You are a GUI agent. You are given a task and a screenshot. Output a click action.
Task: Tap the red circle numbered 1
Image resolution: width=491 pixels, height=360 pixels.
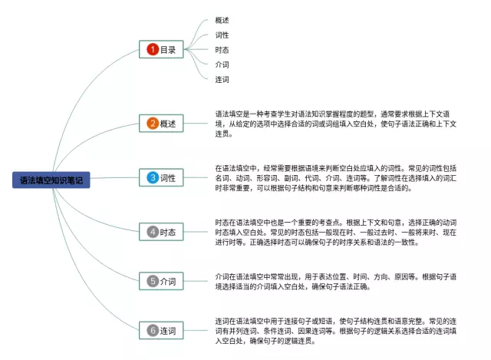click(152, 50)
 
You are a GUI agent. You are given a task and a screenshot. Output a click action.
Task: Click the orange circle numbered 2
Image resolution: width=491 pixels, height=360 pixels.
click(152, 123)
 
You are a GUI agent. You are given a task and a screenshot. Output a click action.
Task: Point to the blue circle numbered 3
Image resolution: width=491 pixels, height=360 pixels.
click(152, 177)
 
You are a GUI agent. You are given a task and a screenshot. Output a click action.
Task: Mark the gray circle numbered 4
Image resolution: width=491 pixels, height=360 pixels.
click(152, 231)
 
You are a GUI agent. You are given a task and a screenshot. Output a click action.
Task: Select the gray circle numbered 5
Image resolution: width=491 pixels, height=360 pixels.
click(152, 281)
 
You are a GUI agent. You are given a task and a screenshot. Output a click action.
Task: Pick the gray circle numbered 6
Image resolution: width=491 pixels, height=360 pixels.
click(152, 331)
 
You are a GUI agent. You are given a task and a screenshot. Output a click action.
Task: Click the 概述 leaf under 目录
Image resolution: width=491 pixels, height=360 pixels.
click(222, 21)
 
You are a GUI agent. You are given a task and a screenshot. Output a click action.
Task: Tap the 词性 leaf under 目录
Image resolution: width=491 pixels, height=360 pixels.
click(222, 35)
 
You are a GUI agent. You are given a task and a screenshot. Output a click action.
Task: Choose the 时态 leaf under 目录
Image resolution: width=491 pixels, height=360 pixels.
click(222, 50)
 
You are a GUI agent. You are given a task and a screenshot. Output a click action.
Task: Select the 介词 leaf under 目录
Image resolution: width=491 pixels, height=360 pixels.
click(222, 64)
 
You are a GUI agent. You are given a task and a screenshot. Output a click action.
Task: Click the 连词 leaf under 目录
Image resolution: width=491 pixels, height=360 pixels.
click(222, 79)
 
